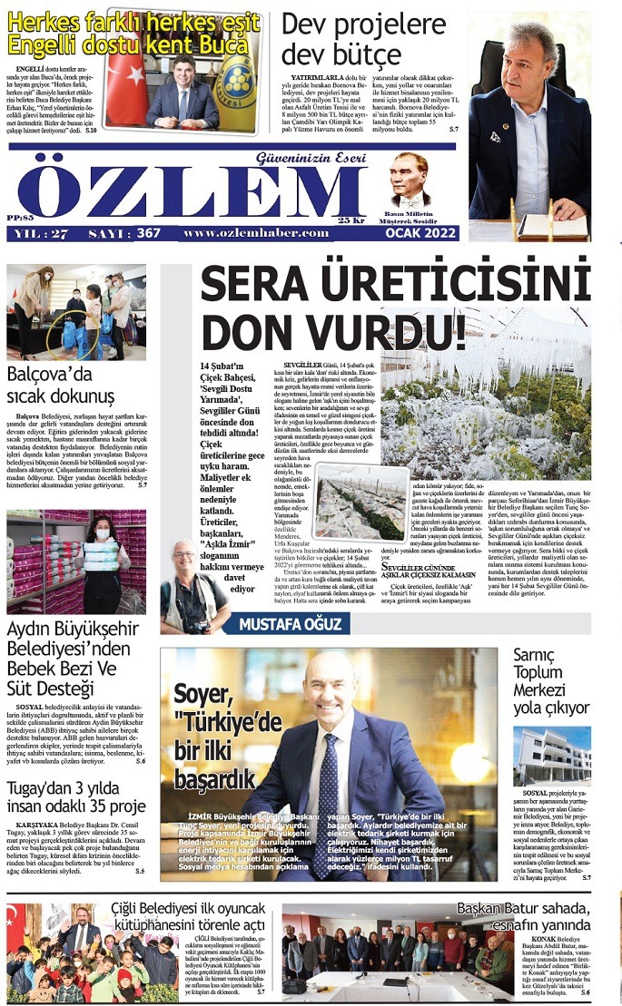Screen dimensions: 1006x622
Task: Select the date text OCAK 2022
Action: click(x=420, y=233)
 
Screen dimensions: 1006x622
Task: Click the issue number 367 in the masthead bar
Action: click(x=148, y=233)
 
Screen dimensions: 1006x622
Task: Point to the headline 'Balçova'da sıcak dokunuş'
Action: click(x=61, y=386)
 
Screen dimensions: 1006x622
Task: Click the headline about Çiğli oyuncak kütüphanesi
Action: click(x=188, y=916)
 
